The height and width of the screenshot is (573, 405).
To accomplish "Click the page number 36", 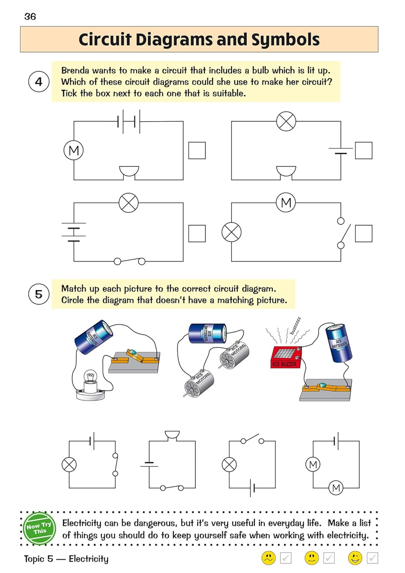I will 30,16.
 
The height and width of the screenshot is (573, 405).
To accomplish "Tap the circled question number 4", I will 39,82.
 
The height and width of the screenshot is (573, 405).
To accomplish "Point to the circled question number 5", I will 39,294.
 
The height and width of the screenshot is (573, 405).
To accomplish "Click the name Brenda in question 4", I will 75,71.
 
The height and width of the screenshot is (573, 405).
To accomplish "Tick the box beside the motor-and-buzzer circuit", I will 197,151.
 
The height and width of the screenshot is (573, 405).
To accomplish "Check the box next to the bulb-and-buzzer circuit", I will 363,151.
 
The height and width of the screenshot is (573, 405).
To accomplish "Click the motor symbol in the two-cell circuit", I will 73,151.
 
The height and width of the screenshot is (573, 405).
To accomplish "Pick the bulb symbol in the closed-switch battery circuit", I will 128,203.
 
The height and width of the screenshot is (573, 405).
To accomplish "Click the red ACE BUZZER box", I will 286,357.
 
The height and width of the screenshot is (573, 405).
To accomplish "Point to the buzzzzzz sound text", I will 295,325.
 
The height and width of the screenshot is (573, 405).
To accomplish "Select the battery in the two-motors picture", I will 207,333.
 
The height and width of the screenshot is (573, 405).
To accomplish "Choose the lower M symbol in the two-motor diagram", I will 336,488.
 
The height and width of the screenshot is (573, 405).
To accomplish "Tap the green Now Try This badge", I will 39,529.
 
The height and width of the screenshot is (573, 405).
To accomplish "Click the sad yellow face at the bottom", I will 269,558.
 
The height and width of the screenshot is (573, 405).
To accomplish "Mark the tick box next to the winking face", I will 373,558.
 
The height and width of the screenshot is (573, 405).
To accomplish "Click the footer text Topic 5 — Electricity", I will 66,559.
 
